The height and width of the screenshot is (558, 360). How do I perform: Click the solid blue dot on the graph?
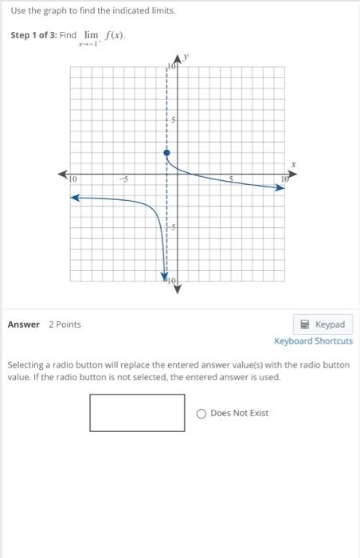coord(166,151)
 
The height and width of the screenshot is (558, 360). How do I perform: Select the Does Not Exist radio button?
coord(202,413)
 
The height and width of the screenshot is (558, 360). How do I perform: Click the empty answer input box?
coord(137,413)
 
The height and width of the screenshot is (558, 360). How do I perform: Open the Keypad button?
coord(323,324)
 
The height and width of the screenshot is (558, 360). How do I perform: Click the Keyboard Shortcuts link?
coord(313,341)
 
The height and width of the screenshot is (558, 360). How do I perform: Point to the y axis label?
coord(185,57)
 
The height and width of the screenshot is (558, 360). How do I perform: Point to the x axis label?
coord(293,164)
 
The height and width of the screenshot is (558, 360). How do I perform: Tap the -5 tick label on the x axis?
coord(123,180)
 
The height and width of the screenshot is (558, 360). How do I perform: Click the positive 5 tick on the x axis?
coord(231,180)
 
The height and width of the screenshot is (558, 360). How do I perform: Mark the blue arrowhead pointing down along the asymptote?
coord(166,274)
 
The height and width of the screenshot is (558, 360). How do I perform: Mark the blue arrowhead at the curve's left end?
coord(76,198)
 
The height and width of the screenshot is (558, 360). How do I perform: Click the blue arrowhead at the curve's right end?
coord(281,189)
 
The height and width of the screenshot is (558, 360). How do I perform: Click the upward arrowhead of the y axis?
coord(178,61)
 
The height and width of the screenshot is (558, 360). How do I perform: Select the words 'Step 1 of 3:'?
coord(33,36)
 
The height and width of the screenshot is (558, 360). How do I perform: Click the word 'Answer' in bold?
coord(23,324)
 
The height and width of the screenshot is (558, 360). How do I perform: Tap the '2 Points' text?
coord(65,324)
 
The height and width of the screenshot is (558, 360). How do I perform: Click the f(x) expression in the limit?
coord(116,36)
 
